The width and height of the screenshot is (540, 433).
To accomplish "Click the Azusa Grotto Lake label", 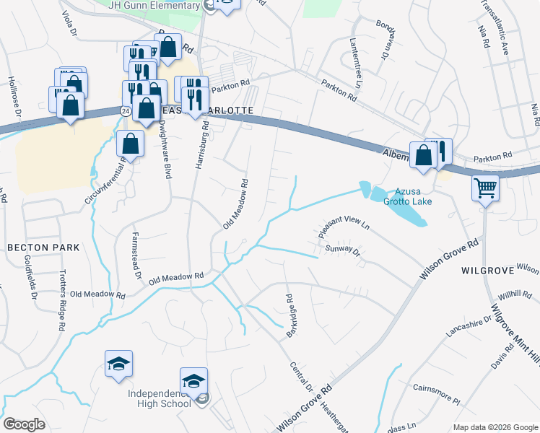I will click(x=413, y=197).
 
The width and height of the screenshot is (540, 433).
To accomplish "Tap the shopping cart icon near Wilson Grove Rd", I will click(x=485, y=189).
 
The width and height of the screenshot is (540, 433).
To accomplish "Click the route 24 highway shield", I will click(x=126, y=111).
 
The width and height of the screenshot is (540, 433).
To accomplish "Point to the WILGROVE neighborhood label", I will click(x=487, y=271).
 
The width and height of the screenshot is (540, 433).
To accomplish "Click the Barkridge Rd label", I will click(x=289, y=308).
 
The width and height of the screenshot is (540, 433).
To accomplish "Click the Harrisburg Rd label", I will click(x=201, y=144).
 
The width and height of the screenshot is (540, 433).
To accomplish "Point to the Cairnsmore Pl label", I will click(x=436, y=393).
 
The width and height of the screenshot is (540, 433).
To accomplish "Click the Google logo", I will click(x=24, y=424).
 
